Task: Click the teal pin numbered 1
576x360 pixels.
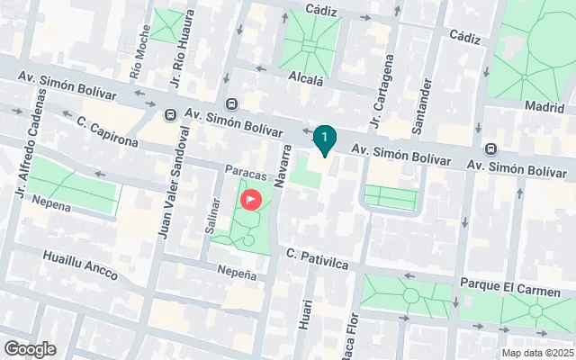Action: pos(324,138)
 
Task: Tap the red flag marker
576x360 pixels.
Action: pos(252,198)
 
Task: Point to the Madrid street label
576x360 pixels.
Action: pos(544,106)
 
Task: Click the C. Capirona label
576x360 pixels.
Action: pos(106,131)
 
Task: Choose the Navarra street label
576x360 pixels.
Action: pos(283,166)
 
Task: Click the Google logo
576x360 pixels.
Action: pos(30,348)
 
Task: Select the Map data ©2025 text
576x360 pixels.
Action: pos(537,353)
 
